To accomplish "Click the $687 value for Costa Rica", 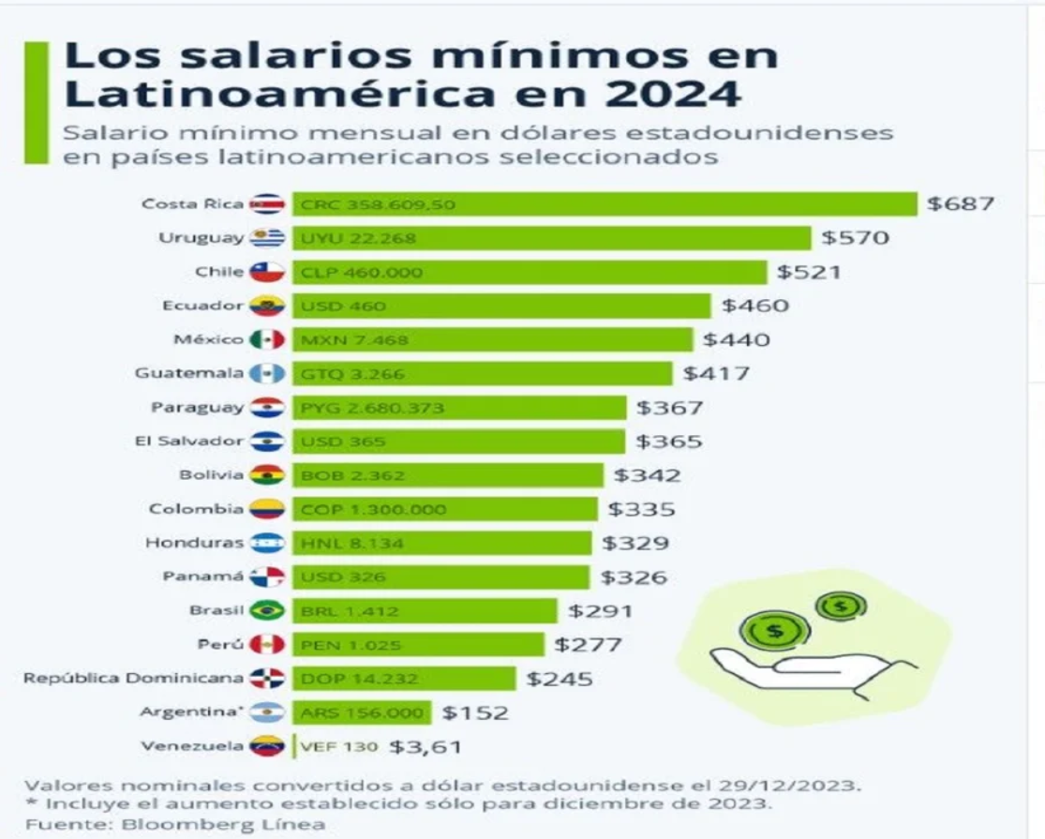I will [x=959, y=203].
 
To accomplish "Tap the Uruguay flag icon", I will [x=267, y=238].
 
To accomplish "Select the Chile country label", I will [x=219, y=272].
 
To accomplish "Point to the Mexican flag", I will [x=267, y=339].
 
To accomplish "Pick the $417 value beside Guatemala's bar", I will [x=716, y=374].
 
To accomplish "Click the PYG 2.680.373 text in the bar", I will [x=372, y=408].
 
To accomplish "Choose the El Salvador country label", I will [x=188, y=441].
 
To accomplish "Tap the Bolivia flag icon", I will [x=267, y=475].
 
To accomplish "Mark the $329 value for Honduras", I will [x=635, y=543].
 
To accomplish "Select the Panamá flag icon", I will [x=267, y=577].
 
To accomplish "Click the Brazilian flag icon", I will [x=267, y=611].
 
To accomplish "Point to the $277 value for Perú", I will [x=588, y=645].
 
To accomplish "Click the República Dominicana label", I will [x=134, y=678].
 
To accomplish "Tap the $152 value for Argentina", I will [x=475, y=713].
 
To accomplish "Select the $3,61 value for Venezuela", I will [x=425, y=747].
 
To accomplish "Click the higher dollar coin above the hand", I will [x=841, y=606].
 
